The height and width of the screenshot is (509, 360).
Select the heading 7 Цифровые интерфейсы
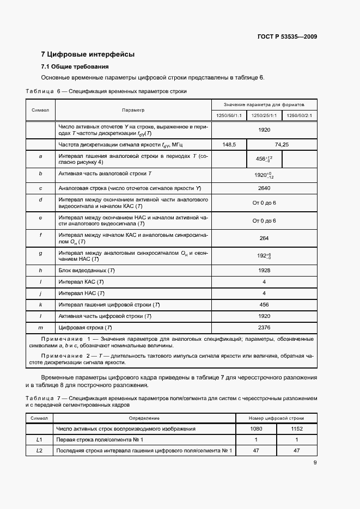click(88, 54)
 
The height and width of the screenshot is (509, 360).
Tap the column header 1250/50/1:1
click(229, 115)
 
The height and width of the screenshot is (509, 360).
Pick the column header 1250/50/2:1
click(299, 115)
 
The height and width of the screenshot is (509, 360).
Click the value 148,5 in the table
click(229, 144)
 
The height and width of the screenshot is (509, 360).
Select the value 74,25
click(282, 144)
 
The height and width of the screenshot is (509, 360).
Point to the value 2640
click(264, 188)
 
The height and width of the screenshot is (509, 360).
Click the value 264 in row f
click(264, 238)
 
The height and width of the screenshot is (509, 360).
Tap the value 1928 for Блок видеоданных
click(264, 270)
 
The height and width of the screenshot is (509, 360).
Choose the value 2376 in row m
click(264, 327)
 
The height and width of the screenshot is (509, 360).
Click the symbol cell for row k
click(41, 304)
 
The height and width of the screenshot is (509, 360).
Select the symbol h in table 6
click(41, 270)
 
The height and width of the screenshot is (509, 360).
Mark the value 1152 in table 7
click(296, 429)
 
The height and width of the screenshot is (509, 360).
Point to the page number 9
click(315, 463)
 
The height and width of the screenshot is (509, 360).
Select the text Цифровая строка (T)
click(85, 327)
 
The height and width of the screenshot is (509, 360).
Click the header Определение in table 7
click(144, 418)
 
